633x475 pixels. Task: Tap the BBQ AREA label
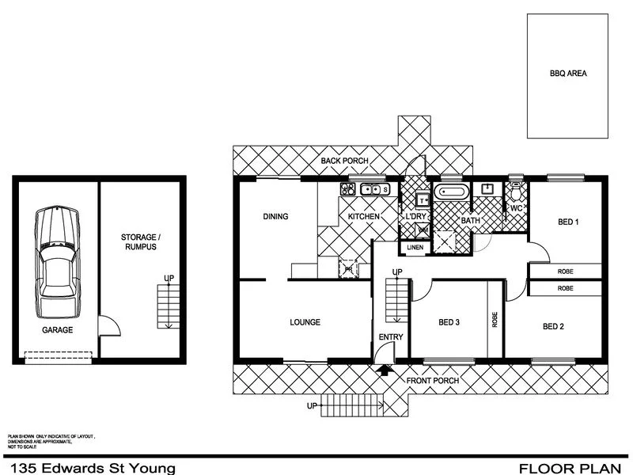coord(568,73)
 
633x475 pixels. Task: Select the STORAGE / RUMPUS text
coord(138,241)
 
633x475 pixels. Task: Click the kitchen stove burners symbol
coord(346,188)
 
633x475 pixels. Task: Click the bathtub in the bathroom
coord(453,192)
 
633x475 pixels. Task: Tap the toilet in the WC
coord(517,191)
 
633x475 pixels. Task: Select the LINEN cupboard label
coord(415,248)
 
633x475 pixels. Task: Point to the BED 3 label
coord(449,322)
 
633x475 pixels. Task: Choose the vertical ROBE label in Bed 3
coord(495,318)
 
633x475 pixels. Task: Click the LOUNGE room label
coord(305,322)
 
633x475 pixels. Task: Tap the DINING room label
coord(275,216)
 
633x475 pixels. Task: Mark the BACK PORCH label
coord(344,161)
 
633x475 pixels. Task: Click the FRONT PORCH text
coord(433,381)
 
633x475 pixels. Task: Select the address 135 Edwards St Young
coord(89,468)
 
